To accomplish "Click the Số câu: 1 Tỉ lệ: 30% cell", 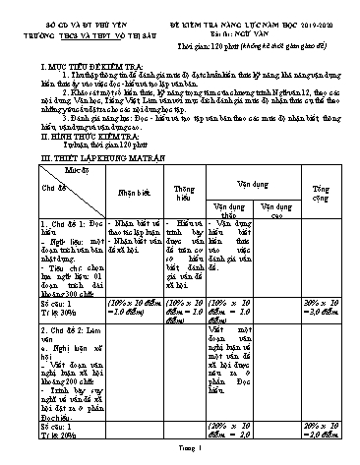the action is tap(54, 305).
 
